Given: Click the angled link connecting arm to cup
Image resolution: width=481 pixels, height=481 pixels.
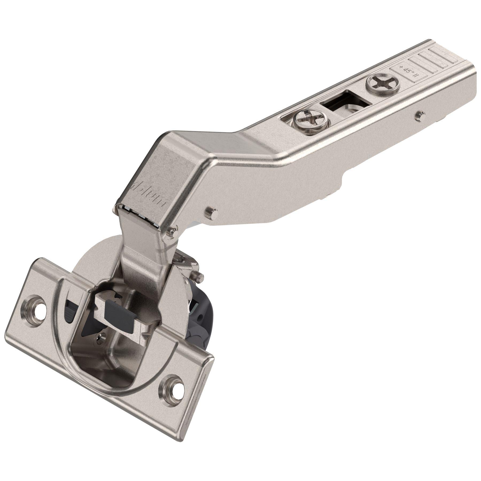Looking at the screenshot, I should (142, 257).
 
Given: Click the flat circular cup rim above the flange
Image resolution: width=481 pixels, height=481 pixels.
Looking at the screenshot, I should (104, 257).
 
